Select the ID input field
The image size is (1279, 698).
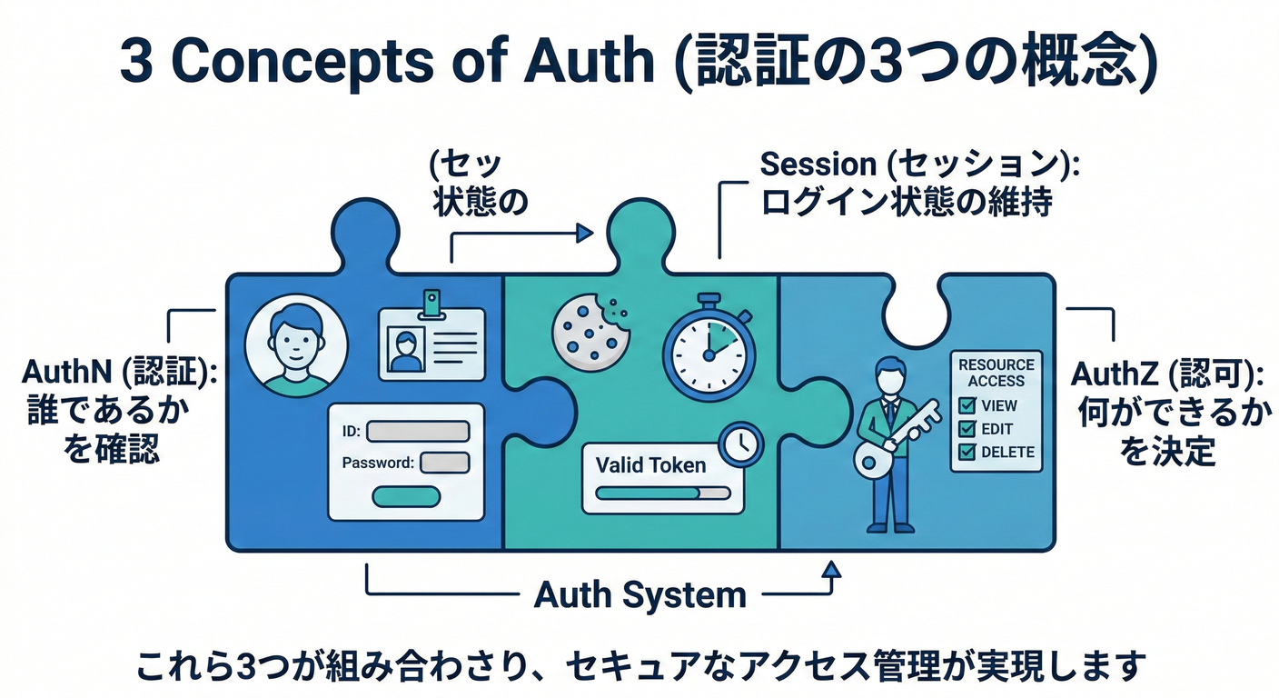tap(418, 431)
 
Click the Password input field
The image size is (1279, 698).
tap(445, 462)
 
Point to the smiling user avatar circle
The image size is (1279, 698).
tap(296, 344)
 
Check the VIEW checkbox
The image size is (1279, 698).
tap(967, 405)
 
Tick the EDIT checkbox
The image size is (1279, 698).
tap(967, 429)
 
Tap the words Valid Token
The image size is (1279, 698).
tap(650, 465)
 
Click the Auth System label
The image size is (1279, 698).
tap(640, 595)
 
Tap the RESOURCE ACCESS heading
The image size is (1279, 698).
tap(996, 373)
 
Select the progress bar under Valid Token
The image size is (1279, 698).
tap(663, 494)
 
